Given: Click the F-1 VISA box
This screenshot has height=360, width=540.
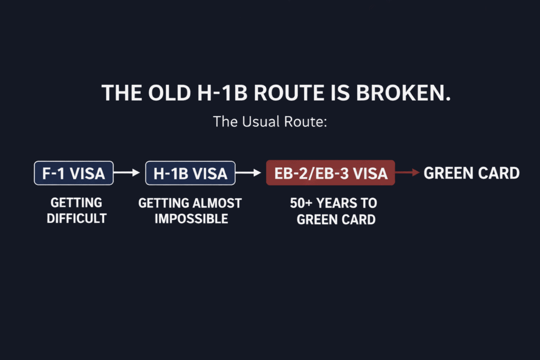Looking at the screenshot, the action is [x=74, y=173].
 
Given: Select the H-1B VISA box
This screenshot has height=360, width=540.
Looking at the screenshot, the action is [x=190, y=173].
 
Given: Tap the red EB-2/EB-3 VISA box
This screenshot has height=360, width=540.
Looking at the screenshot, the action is [x=331, y=173].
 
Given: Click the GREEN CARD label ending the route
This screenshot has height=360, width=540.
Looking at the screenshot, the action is [x=471, y=173].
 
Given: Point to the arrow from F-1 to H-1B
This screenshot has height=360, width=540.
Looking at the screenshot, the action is [x=127, y=172].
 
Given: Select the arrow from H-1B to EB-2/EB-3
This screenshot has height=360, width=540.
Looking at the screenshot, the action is [x=248, y=172].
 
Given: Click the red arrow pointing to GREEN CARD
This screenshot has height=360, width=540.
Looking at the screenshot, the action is [x=408, y=172].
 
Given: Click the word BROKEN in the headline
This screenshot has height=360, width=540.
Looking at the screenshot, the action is [x=403, y=93].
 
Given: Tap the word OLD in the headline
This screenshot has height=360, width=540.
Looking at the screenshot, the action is [x=169, y=93].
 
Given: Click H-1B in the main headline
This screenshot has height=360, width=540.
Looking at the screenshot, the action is [x=222, y=93].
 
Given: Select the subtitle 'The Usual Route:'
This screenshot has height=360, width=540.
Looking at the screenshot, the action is [x=270, y=121].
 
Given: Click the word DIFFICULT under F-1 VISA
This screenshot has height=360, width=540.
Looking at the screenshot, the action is [x=77, y=218].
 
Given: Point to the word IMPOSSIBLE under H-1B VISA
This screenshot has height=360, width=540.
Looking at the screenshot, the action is [x=191, y=219].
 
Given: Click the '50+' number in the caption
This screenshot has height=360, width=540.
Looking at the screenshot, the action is [x=301, y=203].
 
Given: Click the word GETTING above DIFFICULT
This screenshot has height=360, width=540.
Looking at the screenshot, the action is [x=76, y=203].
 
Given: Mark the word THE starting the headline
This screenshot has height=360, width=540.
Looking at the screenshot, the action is [x=122, y=93].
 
